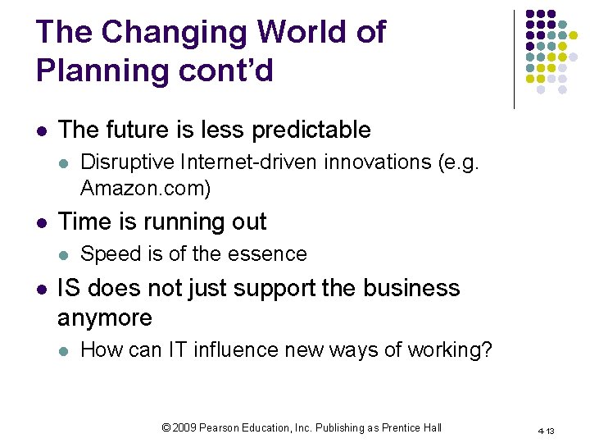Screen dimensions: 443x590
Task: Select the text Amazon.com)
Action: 145,189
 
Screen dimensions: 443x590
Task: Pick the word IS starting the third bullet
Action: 69,289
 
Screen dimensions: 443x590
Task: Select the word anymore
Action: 105,318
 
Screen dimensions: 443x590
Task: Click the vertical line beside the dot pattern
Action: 515,59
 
